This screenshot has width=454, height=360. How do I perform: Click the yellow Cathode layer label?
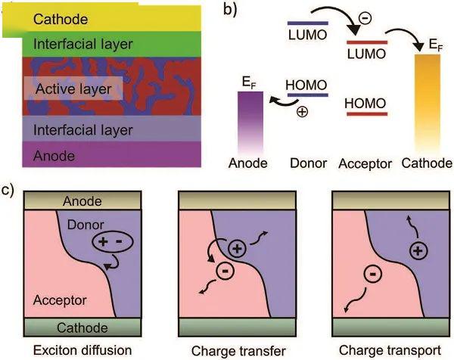pyautogui.click(x=61, y=20)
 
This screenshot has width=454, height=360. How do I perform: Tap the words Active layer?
pyautogui.click(x=73, y=88)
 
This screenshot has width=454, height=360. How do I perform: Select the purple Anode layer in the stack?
pyautogui.click(x=112, y=154)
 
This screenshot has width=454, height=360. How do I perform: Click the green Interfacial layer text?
pyautogui.click(x=83, y=45)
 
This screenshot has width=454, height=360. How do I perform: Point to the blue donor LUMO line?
pyautogui.click(x=308, y=23)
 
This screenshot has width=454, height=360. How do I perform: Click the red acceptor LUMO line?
pyautogui.click(x=367, y=42)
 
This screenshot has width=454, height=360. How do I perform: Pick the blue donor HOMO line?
pyautogui.click(x=308, y=95)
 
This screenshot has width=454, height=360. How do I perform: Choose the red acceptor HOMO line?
pyautogui.click(x=367, y=114)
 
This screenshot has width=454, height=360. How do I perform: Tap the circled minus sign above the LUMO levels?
pyautogui.click(x=365, y=18)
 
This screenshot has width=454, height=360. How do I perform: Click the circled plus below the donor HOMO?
pyautogui.click(x=302, y=112)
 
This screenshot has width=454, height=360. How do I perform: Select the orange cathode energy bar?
pyautogui.click(x=428, y=104)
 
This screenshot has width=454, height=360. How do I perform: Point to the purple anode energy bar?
pyautogui.click(x=250, y=122)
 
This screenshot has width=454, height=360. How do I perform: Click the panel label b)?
pyautogui.click(x=230, y=9)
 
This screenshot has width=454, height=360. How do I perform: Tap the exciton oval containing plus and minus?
pyautogui.click(x=113, y=242)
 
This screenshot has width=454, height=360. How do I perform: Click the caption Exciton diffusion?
pyautogui.click(x=82, y=350)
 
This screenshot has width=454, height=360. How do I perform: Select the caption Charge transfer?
pyautogui.click(x=238, y=351)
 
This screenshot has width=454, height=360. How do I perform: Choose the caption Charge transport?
pyautogui.click(x=390, y=350)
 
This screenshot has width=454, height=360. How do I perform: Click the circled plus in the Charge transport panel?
pyautogui.click(x=418, y=250)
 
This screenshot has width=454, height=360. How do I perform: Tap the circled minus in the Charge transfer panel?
pyautogui.click(x=225, y=272)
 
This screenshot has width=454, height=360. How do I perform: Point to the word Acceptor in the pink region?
pyautogui.click(x=60, y=300)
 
